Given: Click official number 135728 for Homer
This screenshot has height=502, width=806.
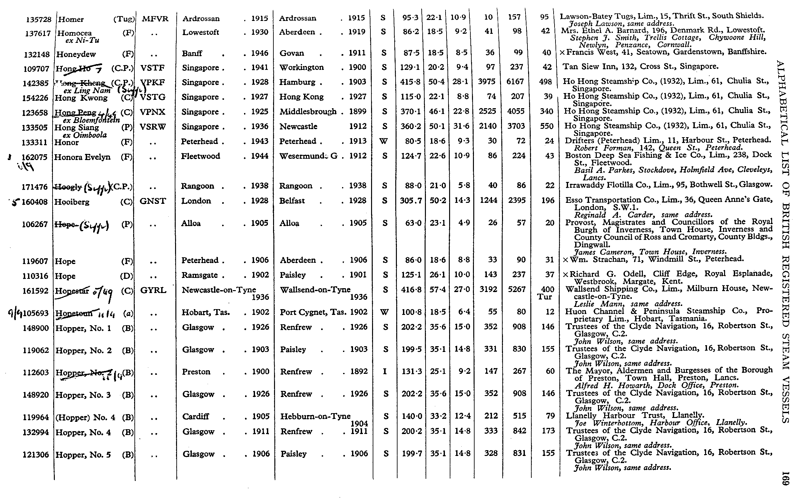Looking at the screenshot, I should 39,19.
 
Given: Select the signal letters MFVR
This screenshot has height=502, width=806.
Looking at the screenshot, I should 155,19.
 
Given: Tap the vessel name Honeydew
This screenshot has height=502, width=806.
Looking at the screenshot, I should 76,54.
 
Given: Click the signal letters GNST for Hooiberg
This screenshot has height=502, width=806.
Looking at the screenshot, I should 152,201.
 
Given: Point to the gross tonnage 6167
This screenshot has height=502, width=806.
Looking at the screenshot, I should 516,82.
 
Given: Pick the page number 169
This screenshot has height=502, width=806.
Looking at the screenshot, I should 785,478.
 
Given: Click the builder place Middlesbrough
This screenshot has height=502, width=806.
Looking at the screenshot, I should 308,112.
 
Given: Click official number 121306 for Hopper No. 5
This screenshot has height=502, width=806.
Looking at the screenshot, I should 35,455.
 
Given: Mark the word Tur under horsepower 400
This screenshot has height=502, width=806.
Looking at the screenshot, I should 545,297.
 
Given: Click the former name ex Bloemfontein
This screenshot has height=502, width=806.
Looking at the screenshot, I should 91,120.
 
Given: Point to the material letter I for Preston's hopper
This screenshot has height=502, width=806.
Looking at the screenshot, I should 385,371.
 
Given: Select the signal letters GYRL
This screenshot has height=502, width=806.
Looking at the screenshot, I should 153,290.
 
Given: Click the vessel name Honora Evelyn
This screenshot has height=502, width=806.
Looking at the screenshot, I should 82,157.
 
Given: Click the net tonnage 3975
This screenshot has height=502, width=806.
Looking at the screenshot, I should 486,82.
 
